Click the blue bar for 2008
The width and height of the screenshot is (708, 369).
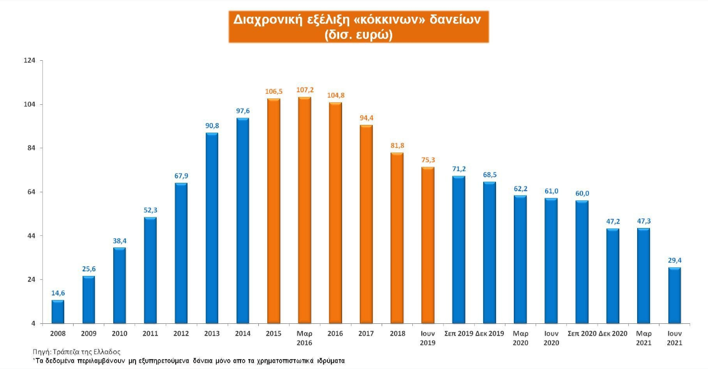pos(58,312)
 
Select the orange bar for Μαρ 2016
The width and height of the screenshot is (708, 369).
pos(305,210)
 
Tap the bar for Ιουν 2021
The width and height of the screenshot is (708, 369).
pos(674,295)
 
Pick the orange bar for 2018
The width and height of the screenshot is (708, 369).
pos(397,238)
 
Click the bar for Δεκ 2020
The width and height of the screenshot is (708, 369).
pos(613,276)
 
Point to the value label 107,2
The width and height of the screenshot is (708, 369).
pos(305,89)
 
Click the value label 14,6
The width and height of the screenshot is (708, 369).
pos(58,293)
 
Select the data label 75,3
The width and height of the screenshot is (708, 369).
pos(427,159)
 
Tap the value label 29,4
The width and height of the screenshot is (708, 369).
pos(674,260)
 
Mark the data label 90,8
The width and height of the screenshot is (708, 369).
pos(212,125)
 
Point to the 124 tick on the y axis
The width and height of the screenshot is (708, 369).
pos(30,60)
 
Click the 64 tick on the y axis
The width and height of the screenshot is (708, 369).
pos(31,192)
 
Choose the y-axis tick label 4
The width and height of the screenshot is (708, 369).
pos(33,323)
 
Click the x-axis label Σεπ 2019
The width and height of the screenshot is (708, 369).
pos(459,333)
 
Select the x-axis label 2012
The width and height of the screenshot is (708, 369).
pos(181,333)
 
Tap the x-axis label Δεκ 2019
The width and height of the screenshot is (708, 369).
pos(489,333)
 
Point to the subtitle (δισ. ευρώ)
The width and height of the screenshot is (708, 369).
pos(359,34)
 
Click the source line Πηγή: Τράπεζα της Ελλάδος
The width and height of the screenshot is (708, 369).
pos(76,352)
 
